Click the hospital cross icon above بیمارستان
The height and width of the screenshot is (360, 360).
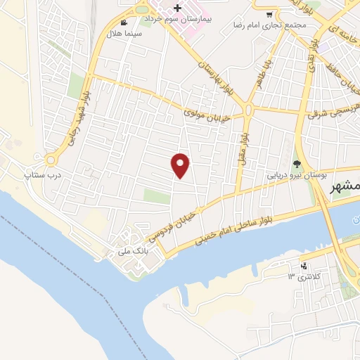tap(177, 8)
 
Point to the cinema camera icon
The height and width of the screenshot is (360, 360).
tap(124, 22)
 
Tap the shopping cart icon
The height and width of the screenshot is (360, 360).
tap(269, 13)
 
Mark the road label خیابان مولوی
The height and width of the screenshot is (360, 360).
tap(204, 108)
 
